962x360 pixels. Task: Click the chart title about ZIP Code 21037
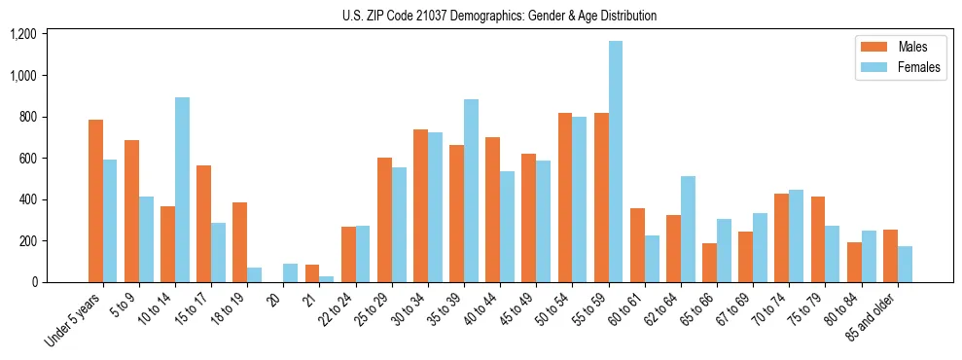(x=499, y=16)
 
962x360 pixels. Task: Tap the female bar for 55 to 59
(x=616, y=162)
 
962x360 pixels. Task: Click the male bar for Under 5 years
(x=95, y=200)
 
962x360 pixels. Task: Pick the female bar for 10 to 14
(x=182, y=190)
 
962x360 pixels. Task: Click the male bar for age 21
(x=311, y=273)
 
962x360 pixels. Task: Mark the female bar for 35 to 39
(x=471, y=191)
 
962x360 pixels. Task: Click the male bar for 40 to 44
(x=493, y=209)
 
